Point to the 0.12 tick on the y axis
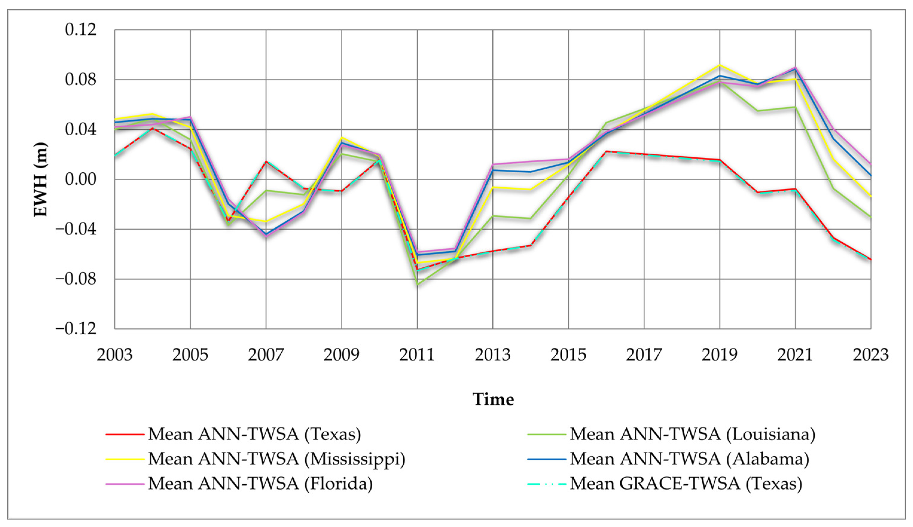click(x=76, y=29)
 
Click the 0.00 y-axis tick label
click(x=76, y=179)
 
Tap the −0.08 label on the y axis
click(x=71, y=279)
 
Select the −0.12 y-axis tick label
click(x=71, y=329)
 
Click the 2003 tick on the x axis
click(x=115, y=355)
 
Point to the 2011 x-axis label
click(x=417, y=355)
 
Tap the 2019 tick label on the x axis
click(x=720, y=355)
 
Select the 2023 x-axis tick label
click(x=871, y=355)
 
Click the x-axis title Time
click(x=493, y=399)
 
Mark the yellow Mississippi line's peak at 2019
click(x=720, y=65)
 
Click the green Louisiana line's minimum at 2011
click(x=417, y=284)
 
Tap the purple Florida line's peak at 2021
click(x=795, y=67)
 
